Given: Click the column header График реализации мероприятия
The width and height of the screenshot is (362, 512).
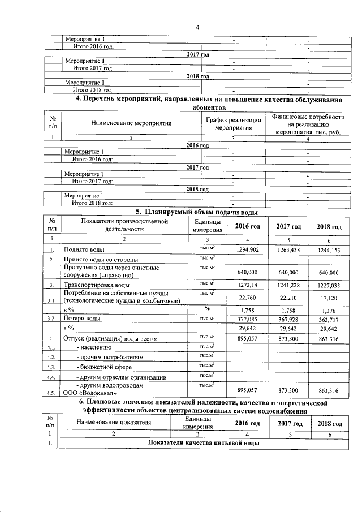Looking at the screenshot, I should click(x=233, y=124).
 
